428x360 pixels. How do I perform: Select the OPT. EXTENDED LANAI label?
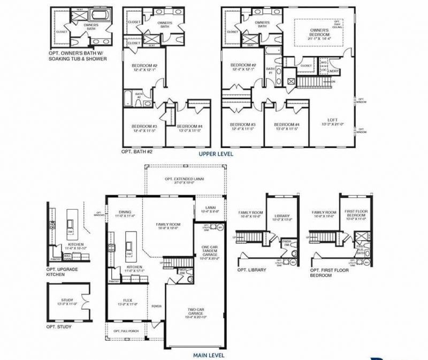(x=184, y=180)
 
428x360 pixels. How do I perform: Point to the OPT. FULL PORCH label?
(x=126, y=331)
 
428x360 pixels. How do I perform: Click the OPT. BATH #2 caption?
(x=137, y=152)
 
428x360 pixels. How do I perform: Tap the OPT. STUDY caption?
(x=59, y=326)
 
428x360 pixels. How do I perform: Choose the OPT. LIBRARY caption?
(x=250, y=270)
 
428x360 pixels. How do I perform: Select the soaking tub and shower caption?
(x=75, y=56)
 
